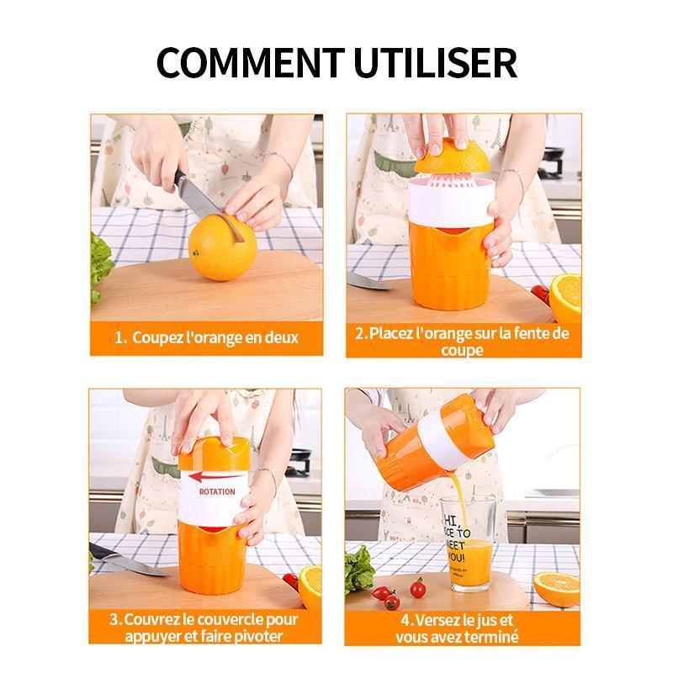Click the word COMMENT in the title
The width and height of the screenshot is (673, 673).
coord(250,62)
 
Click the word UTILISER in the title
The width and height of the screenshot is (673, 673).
coord(435,62)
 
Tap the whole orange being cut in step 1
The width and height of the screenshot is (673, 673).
coord(222,247)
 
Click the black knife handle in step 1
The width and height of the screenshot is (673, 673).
coord(182,179)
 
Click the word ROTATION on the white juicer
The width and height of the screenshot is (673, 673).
coord(217,492)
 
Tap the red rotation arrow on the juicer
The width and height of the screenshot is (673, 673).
coord(215,476)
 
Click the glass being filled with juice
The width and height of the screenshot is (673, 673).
coord(469,543)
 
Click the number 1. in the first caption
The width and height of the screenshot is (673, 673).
coord(120,338)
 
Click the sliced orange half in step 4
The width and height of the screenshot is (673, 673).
coord(557,589)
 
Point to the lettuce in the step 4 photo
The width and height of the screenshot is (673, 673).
coord(359,570)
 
